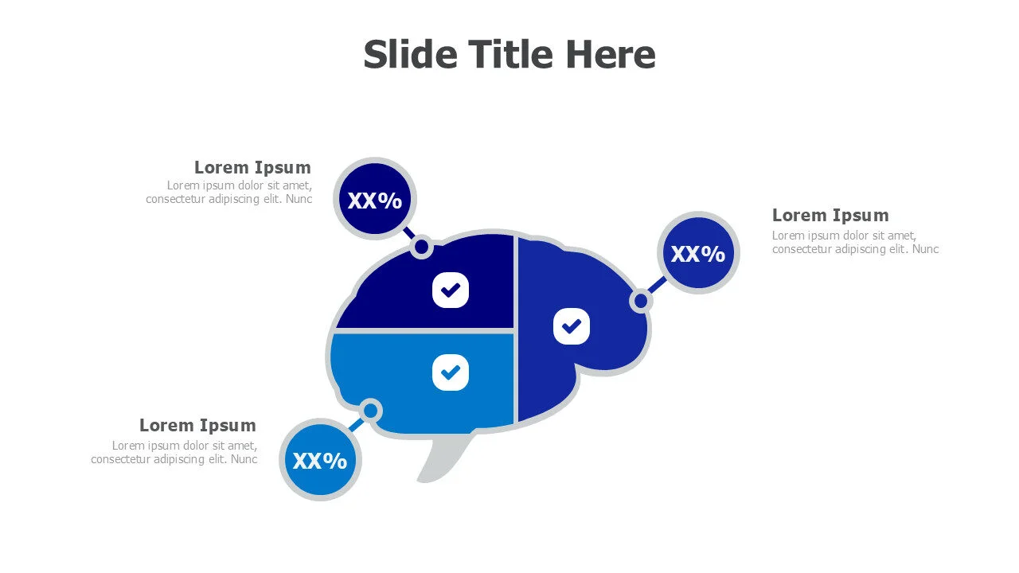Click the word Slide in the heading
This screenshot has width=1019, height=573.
pos(410,55)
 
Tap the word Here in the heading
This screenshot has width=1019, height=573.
pos(611,55)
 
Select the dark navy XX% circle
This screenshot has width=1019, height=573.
pos(375,199)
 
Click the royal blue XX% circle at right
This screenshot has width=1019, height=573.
pos(698,253)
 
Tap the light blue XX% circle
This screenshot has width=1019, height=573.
pos(320,460)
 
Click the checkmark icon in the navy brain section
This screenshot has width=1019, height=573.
pos(451,290)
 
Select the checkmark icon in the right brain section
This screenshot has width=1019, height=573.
pos(572,325)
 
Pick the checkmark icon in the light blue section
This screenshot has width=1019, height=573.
pos(451,372)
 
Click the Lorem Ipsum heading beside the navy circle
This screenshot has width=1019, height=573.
pos(252,168)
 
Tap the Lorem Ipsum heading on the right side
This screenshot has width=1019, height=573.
pos(830,216)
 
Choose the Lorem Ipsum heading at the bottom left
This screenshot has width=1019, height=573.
pos(197,425)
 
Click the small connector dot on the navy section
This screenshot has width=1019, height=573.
pos(422,247)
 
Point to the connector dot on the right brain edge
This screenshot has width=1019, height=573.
pos(641,301)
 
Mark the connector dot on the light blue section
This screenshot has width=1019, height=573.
pos(370,411)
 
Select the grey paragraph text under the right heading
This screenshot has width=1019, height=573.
pos(855,243)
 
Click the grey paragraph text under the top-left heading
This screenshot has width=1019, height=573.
pos(229,193)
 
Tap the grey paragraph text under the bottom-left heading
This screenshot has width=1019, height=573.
pos(174,453)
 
